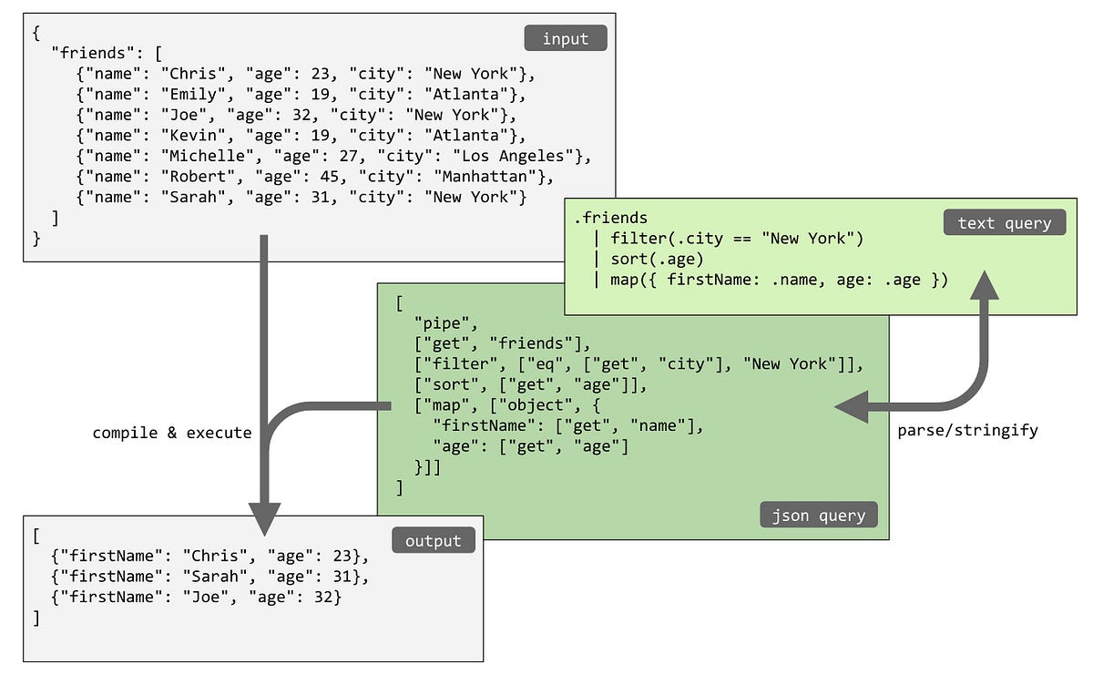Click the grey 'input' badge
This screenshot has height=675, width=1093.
pyautogui.click(x=565, y=38)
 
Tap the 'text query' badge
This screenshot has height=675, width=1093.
pyautogui.click(x=1004, y=222)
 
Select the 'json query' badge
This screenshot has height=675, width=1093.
pyautogui.click(x=819, y=515)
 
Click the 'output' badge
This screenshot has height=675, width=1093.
pyautogui.click(x=434, y=540)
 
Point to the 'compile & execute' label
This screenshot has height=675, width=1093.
pyautogui.click(x=172, y=433)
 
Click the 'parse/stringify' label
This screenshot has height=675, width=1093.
pyautogui.click(x=967, y=430)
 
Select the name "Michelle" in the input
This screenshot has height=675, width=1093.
pyautogui.click(x=205, y=155)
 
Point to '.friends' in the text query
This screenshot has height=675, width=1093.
pyautogui.click(x=610, y=218)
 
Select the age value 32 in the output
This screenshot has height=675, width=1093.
pyautogui.click(x=325, y=597)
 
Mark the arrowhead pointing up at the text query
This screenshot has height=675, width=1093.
pyautogui.click(x=983, y=285)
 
